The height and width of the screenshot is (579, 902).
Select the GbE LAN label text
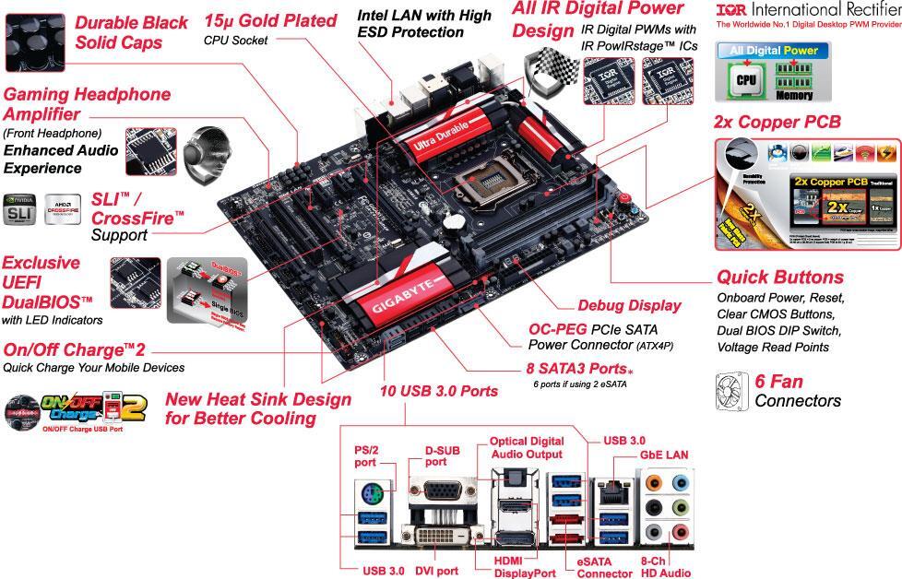[663, 455]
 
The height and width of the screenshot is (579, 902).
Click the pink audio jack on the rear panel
[681, 532]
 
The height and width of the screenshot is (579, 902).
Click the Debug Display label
[628, 305]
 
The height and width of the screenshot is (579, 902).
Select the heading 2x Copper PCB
[777, 122]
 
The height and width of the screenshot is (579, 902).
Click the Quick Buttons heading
[779, 277]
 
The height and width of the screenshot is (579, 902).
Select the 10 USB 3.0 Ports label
[439, 391]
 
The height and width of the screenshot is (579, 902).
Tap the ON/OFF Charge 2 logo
[79, 409]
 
